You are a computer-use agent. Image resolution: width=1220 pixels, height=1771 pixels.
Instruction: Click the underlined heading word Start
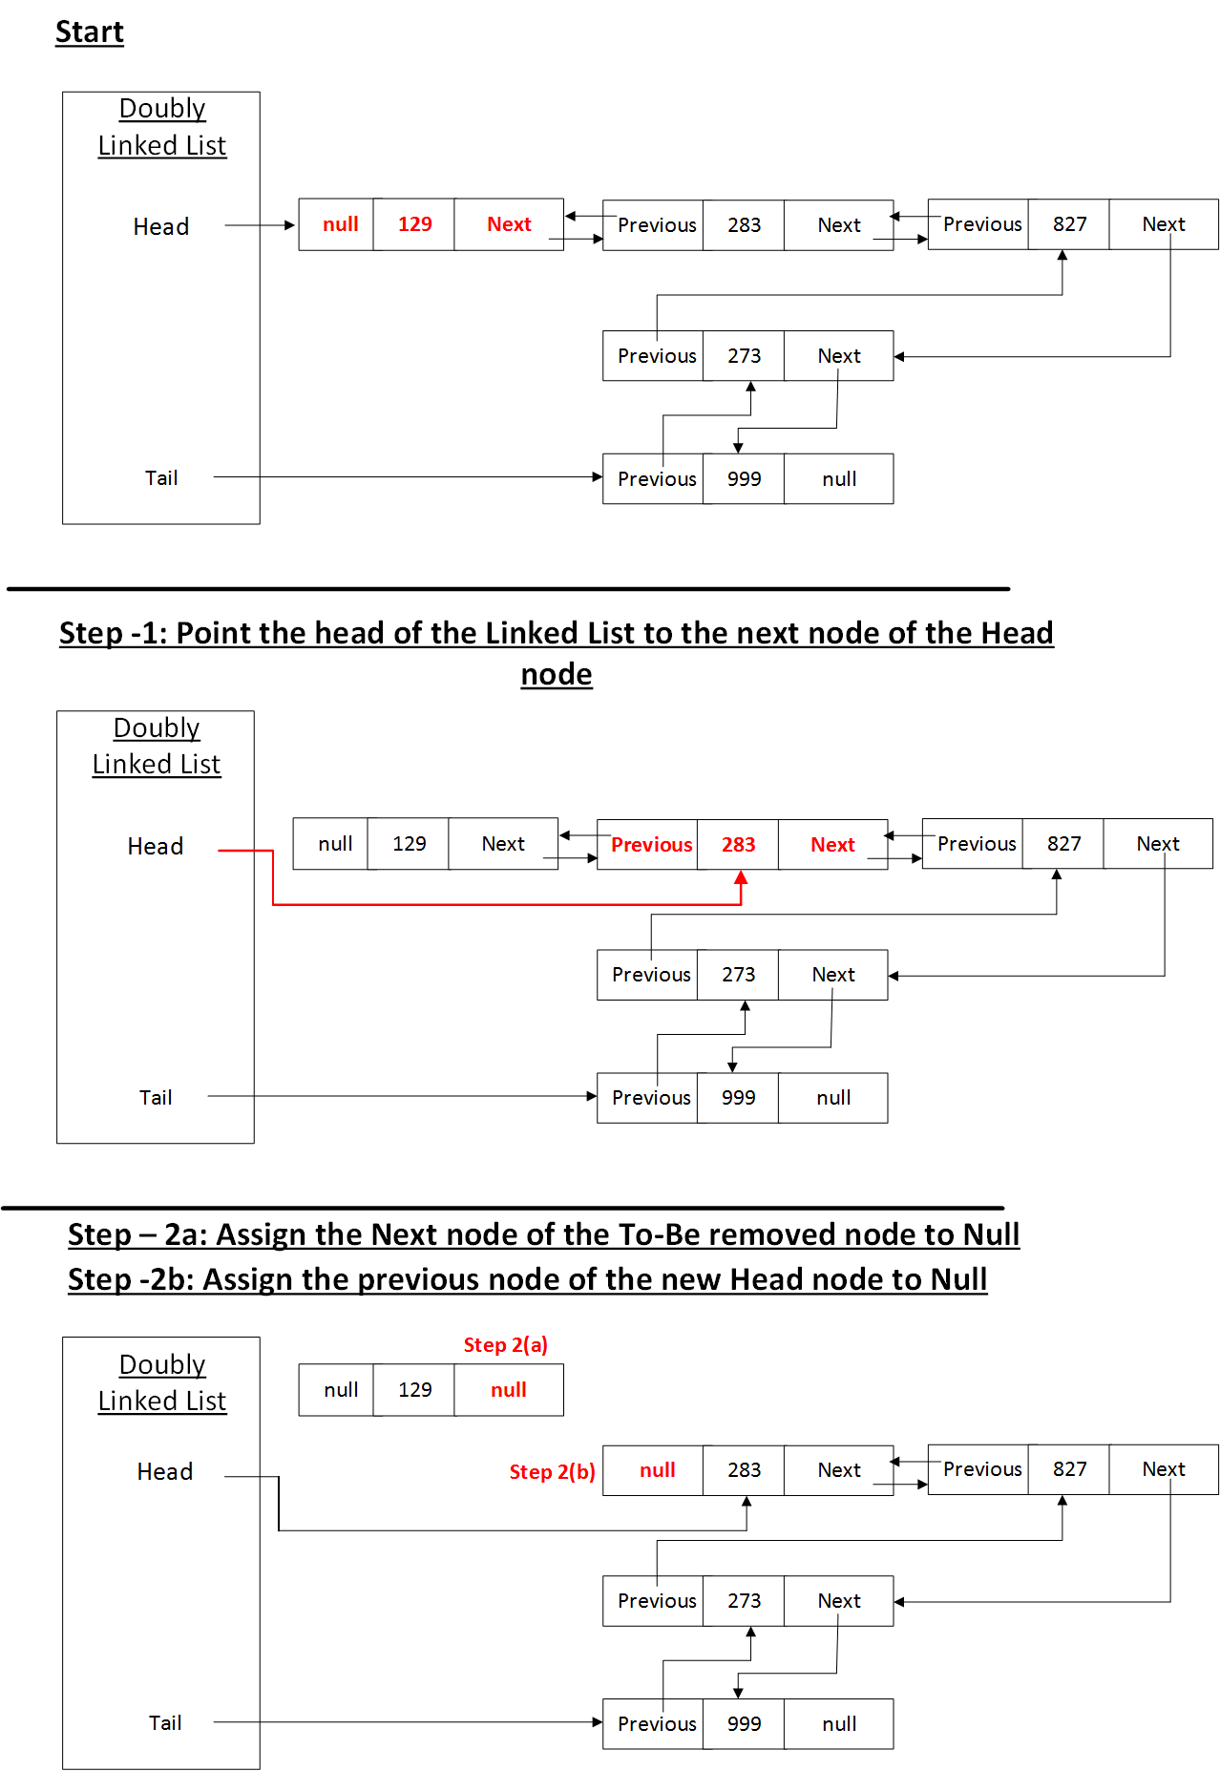coord(89,32)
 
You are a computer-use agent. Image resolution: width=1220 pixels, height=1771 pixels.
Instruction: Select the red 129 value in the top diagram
coord(414,224)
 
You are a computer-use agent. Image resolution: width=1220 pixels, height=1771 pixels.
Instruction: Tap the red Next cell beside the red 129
coord(509,224)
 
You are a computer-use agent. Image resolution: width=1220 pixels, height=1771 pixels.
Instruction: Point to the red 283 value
coord(738,845)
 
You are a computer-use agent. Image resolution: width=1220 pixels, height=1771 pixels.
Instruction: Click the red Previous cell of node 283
coord(651,845)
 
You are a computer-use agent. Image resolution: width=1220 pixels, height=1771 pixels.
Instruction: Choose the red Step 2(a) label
coord(505,1345)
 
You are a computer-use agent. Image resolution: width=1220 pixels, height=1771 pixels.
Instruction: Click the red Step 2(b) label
coord(552,1472)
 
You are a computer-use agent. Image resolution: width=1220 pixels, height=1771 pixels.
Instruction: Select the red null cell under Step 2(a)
coord(508,1390)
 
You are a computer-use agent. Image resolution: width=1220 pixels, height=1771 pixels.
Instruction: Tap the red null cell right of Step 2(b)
coord(657,1470)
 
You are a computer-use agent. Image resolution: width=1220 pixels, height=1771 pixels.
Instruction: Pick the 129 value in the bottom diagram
coord(414,1390)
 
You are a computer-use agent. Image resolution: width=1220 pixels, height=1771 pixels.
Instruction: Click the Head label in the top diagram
coord(160,227)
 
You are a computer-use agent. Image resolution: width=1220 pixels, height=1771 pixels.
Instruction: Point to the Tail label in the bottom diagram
coord(164,1723)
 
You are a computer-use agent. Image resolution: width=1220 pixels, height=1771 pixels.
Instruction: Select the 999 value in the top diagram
coord(744,479)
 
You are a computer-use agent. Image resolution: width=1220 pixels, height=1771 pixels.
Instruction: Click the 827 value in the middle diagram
coord(1063,844)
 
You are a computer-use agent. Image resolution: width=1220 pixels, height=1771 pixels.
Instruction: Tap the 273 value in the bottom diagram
coord(744,1601)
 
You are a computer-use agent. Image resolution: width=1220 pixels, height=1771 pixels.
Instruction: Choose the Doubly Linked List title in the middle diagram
coord(157,746)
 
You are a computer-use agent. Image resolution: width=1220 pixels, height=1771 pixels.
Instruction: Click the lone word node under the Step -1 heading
coord(557,675)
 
